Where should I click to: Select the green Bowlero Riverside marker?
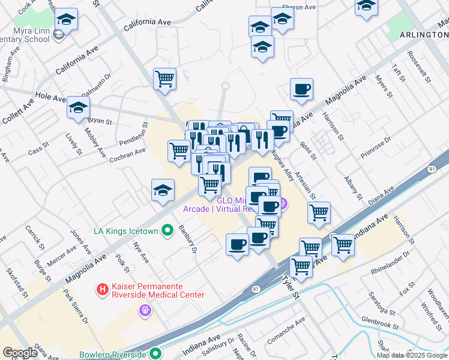coord(155,353)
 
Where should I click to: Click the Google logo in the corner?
coord(20,353)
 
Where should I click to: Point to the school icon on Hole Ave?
coord(78,108)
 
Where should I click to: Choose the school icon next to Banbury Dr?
coord(163,190)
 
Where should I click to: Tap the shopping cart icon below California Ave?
coord(164,79)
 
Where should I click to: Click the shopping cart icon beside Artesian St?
coord(319,212)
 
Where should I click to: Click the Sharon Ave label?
coord(302,8)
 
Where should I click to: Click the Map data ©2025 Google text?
coord(411,355)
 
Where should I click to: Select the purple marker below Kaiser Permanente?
coord(144,310)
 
